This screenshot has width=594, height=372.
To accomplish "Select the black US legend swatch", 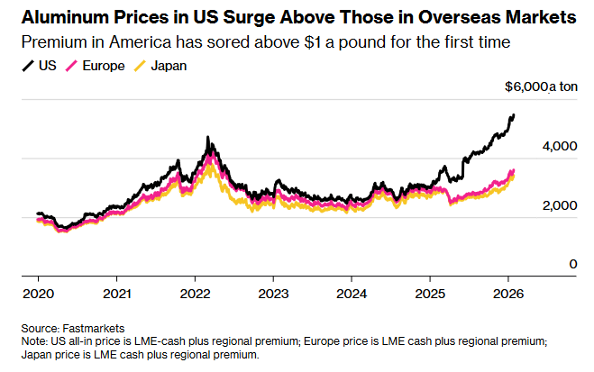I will coord(26,66).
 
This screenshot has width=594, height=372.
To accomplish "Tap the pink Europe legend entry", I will coord(101,66).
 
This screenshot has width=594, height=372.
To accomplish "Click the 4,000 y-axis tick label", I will coord(559,145).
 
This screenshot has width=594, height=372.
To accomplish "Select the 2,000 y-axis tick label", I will coord(559,205).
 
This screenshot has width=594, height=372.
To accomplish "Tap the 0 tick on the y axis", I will coord(571,264).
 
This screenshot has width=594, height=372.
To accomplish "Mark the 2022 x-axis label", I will coord(195,293).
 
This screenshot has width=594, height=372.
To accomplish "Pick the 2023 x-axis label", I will coord(273,293).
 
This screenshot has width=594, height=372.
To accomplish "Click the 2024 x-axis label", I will coord(352,293).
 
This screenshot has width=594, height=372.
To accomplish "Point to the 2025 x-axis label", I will coord(431,293).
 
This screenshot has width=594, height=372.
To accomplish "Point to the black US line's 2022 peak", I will coord(208,138).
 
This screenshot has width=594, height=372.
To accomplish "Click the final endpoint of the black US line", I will coord(514,114).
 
